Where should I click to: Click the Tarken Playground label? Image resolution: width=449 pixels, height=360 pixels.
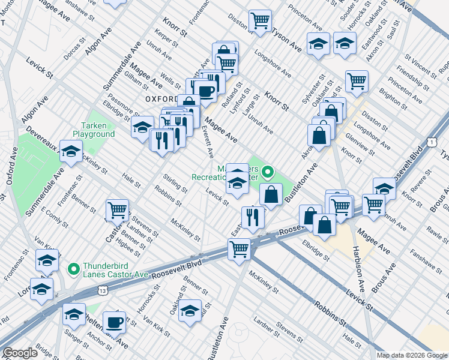tap(94, 130)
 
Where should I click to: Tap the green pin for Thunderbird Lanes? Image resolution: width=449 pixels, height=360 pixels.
tap(73, 268)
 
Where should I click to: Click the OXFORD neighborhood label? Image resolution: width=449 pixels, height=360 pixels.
tap(160, 98)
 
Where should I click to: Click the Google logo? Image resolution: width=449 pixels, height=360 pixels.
tap(20, 353)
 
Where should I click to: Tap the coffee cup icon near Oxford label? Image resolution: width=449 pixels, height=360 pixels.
tap(205, 91)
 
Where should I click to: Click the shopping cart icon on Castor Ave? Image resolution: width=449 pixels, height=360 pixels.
tap(116, 210)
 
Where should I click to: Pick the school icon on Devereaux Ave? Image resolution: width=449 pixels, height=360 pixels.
tap(71, 153)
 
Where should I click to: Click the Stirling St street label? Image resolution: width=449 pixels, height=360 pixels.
tap(175, 182)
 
